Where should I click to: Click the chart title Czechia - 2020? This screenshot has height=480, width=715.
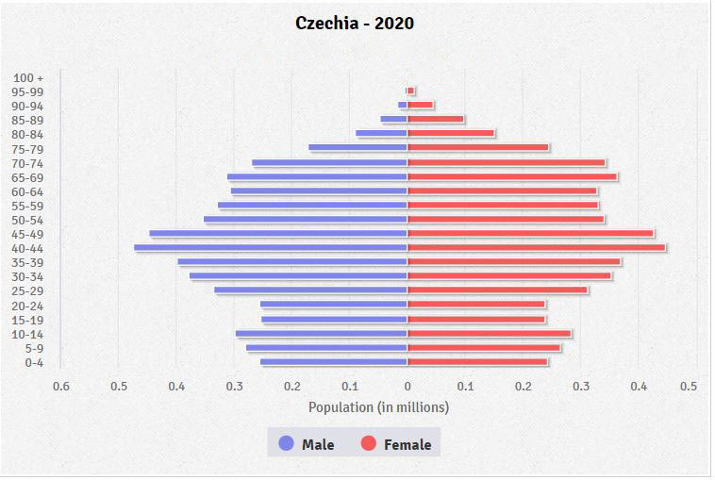point(355,23)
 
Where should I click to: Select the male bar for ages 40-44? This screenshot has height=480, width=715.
point(271,248)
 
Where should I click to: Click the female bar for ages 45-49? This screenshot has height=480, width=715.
point(530,233)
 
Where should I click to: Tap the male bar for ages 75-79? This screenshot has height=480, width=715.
point(357,147)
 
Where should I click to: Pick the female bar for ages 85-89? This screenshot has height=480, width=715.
point(435,119)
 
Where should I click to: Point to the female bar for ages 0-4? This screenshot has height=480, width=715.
point(477,361)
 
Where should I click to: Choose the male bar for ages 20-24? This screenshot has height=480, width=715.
point(334,304)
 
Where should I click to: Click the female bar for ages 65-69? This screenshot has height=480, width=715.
point(512,176)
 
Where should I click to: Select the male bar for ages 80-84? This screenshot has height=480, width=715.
point(381,133)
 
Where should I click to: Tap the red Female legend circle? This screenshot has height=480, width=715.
point(369,443)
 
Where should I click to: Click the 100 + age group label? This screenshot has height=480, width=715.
point(28,77)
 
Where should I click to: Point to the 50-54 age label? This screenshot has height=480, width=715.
point(28,220)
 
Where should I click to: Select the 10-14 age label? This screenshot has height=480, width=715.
point(28,334)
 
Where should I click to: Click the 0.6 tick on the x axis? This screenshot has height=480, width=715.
point(61,385)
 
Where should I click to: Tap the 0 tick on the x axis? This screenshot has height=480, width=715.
point(407,385)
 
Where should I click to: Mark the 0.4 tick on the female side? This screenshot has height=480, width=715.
point(640,385)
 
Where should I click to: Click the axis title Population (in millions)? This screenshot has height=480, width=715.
point(378,407)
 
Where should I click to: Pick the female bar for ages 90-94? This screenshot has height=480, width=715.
point(420,105)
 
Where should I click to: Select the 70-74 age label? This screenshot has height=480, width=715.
point(28,163)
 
